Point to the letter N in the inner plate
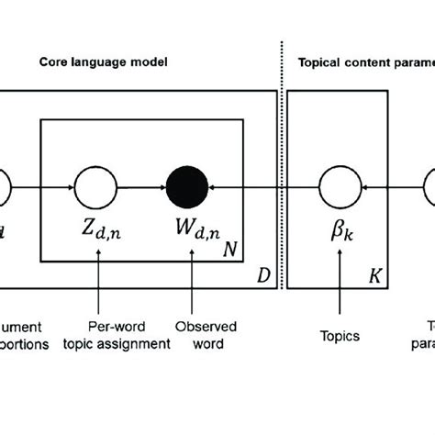point(234,248)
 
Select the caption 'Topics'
point(340,337)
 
